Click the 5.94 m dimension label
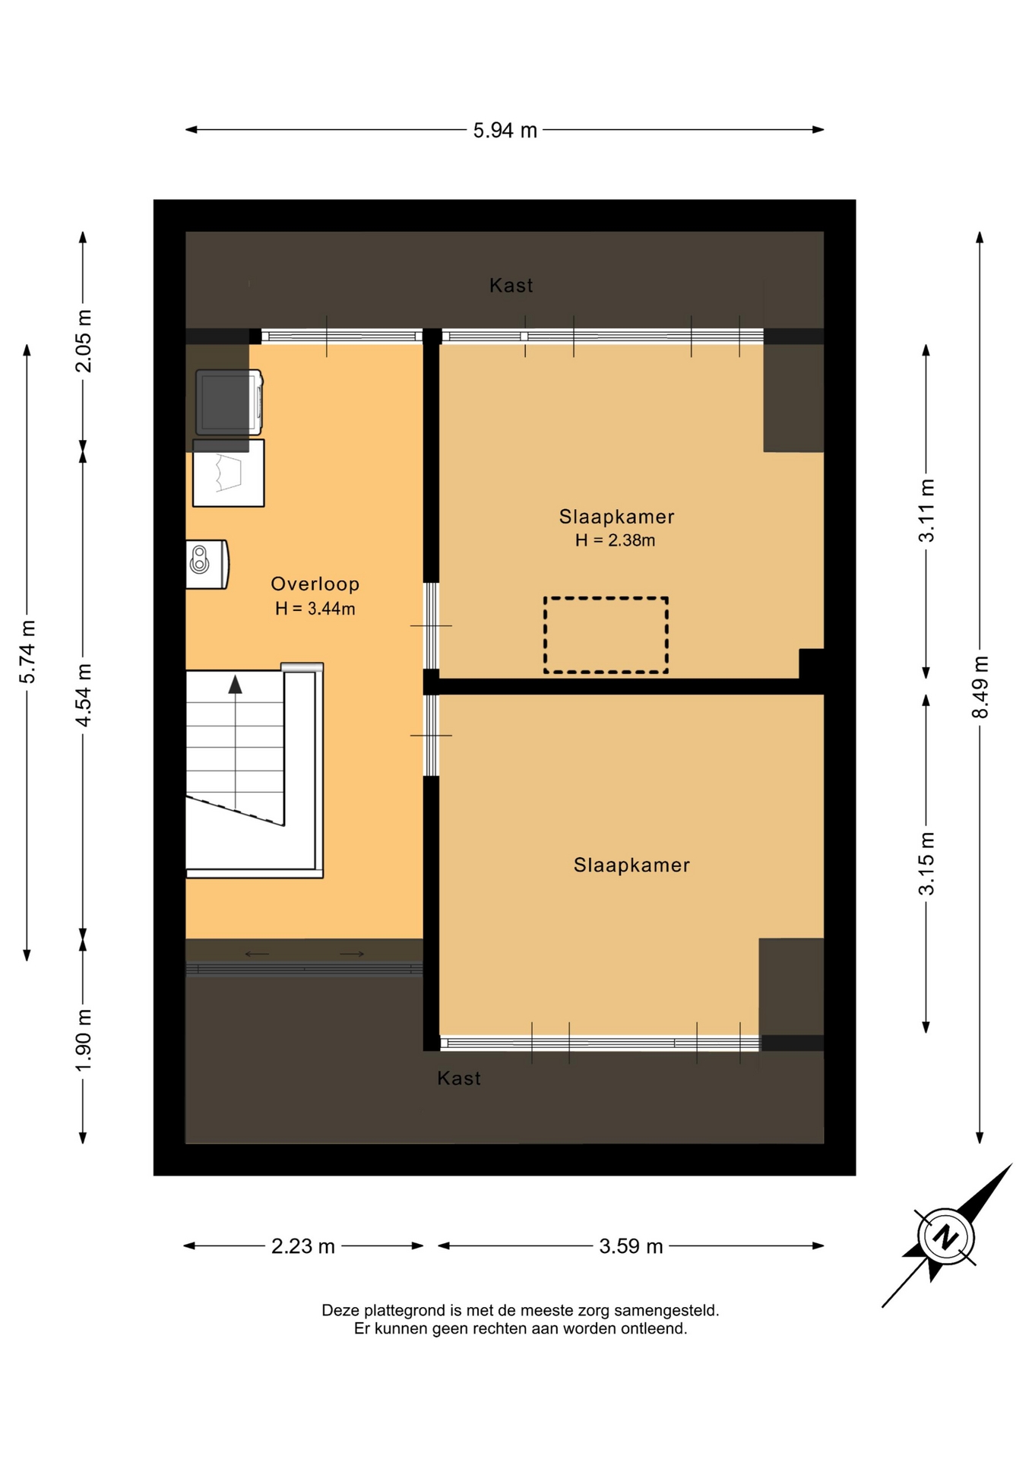click(505, 131)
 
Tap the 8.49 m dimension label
click(980, 687)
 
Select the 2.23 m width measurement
click(303, 1246)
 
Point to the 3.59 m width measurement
click(631, 1246)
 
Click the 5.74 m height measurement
click(27, 651)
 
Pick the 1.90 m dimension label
click(84, 1040)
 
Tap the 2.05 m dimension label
click(84, 341)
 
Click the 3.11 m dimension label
click(926, 511)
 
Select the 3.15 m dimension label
click(926, 864)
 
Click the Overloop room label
click(315, 584)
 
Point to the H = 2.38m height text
click(615, 540)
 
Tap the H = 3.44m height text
click(315, 609)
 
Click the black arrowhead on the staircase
click(236, 684)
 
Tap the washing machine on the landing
click(229, 402)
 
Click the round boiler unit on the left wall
click(207, 564)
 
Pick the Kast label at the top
click(511, 286)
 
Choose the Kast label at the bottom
click(458, 1078)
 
